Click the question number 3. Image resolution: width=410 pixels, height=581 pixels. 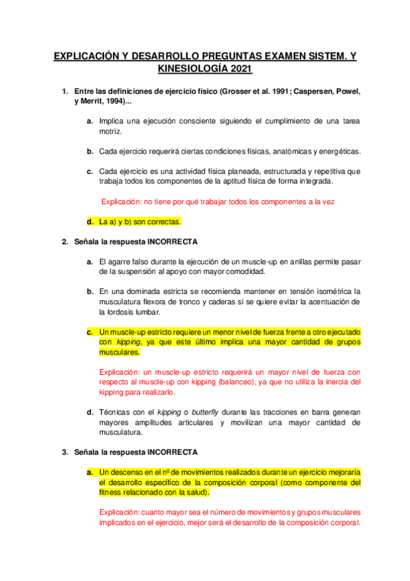[x=64, y=452]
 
